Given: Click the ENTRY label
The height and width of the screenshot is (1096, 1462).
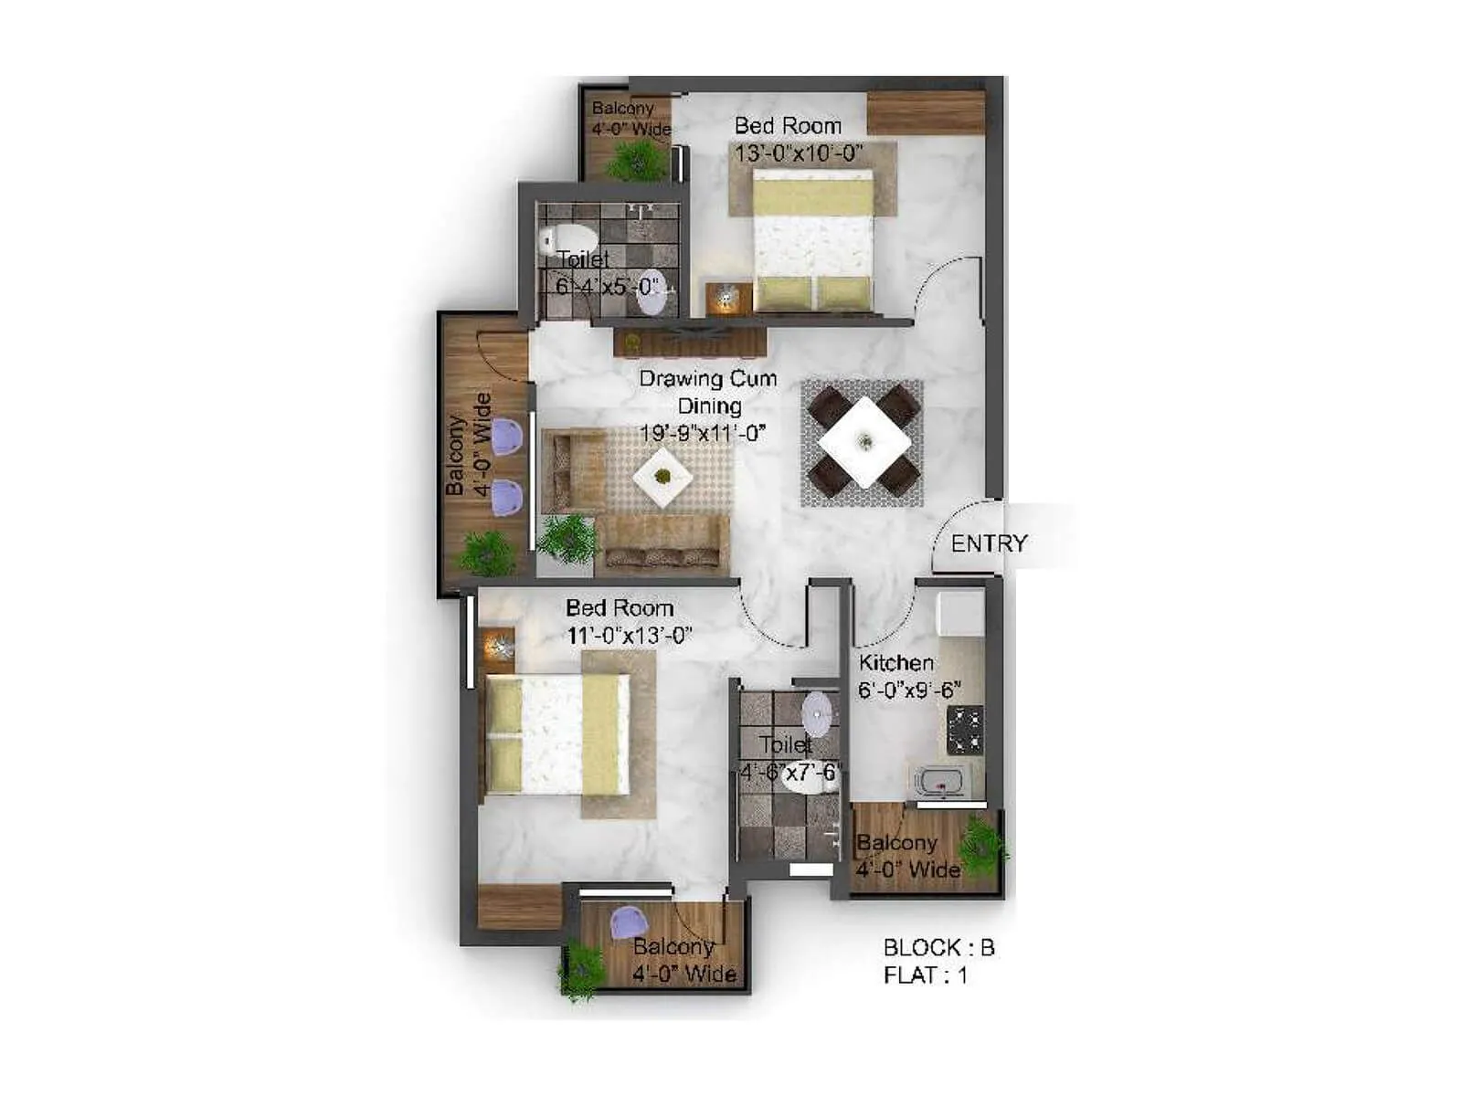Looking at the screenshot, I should click(989, 543).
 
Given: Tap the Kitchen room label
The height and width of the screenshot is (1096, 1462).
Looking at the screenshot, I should click(895, 663).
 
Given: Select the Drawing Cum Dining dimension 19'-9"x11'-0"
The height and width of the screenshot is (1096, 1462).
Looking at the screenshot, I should click(702, 432).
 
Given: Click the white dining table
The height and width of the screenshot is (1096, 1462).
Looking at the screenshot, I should click(863, 443).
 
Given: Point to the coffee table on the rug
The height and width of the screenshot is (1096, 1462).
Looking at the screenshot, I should click(662, 476).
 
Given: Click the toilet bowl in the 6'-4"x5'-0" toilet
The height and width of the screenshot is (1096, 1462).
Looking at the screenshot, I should click(567, 239).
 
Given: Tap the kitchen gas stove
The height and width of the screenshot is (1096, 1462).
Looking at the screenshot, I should click(965, 730).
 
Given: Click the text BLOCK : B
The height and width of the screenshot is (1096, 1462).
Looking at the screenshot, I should click(938, 948).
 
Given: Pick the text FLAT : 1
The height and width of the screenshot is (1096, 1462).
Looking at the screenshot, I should click(925, 975).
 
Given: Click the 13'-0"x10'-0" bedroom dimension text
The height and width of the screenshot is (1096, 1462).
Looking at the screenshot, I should click(799, 153).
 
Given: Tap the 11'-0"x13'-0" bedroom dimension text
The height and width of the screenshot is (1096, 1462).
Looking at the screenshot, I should click(629, 635).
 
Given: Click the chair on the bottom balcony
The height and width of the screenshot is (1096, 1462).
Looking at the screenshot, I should click(629, 922).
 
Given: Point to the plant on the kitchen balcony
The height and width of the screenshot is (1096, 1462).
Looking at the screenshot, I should click(983, 843).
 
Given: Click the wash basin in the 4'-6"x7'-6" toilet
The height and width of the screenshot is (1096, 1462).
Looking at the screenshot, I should click(818, 713).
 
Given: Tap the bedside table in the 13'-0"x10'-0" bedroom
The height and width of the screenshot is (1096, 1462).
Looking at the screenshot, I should click(727, 299).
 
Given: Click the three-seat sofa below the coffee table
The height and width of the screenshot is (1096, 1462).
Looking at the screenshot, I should click(662, 544).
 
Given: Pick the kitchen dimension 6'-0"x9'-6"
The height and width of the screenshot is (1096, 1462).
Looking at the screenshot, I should click(909, 690).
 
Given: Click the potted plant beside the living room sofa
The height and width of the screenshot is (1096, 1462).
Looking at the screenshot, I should click(567, 539).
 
